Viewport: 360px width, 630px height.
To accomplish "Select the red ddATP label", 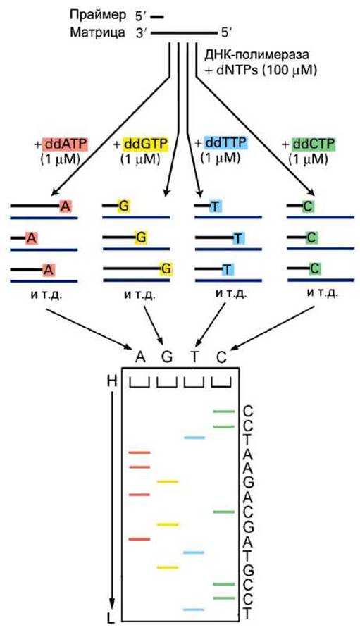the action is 66,144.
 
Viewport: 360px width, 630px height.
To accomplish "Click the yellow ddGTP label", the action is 145,143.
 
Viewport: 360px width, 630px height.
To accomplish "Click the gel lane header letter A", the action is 139,357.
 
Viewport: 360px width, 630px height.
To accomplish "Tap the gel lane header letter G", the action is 167,357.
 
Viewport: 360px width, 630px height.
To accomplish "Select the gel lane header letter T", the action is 194,357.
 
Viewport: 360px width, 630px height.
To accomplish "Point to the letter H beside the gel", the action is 112,381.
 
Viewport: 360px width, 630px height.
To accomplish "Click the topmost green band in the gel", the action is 223,412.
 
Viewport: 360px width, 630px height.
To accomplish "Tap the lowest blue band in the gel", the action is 194,610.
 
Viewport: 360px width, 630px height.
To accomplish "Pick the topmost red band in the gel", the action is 139,452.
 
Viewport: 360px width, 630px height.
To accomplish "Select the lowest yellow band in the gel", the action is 167,567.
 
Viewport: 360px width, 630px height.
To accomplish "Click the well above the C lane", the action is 221,383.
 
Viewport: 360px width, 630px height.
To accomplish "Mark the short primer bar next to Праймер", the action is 157,17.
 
